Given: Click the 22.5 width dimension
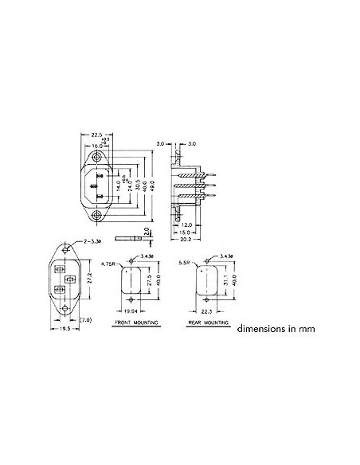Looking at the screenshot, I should click(97, 134).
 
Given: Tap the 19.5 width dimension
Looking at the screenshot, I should click(65, 327).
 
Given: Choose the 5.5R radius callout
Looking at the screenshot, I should click(185, 264).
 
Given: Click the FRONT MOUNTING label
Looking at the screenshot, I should click(135, 325).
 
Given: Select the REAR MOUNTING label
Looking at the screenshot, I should click(205, 325).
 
